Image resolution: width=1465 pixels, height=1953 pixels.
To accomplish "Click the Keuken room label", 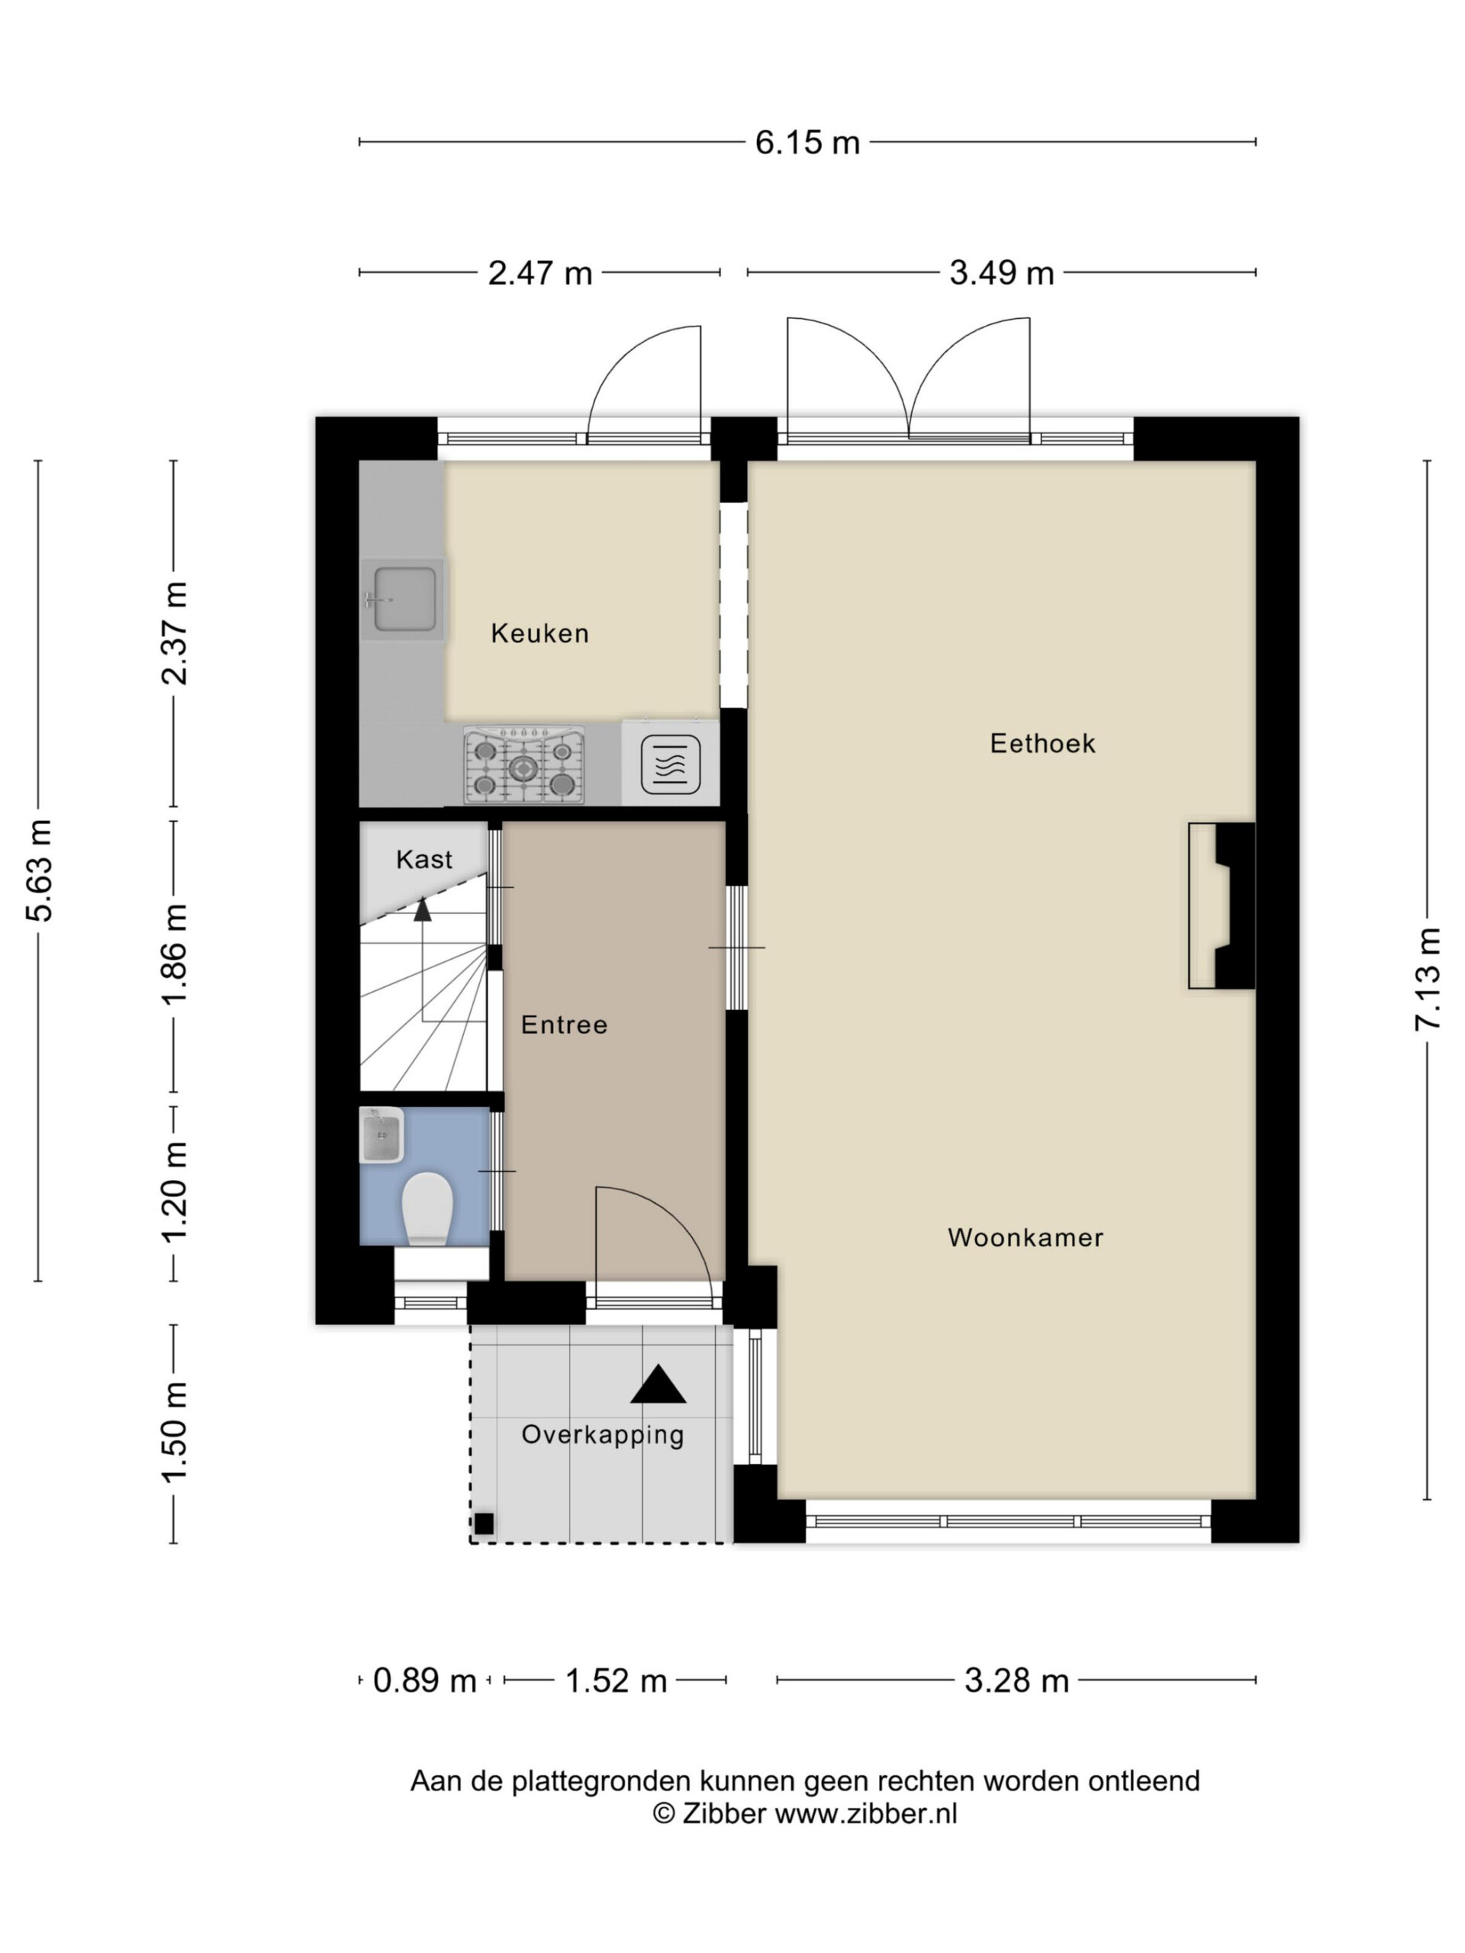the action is pyautogui.click(x=539, y=633).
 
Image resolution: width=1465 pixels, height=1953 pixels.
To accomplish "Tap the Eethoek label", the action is pyautogui.click(x=1042, y=743).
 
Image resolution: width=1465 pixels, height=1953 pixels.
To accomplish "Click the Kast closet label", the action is pyautogui.click(x=424, y=859).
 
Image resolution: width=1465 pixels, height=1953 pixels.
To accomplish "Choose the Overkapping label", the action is pyautogui.click(x=603, y=1435).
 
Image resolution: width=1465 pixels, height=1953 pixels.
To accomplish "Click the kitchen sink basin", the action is pyautogui.click(x=404, y=599).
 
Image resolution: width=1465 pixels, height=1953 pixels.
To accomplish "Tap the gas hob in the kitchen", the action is pyautogui.click(x=523, y=765).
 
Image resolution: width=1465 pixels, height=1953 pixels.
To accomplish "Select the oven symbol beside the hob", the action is pyautogui.click(x=670, y=764).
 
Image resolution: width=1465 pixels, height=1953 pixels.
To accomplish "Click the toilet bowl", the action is pyautogui.click(x=427, y=1208).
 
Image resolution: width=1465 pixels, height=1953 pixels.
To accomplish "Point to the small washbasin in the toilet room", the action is pyautogui.click(x=382, y=1135).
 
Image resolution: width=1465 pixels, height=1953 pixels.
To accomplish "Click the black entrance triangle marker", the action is pyautogui.click(x=658, y=1385).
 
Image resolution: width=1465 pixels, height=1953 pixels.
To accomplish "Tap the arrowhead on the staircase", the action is pyautogui.click(x=423, y=909).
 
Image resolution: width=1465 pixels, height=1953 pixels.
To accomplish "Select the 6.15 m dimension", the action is pyautogui.click(x=807, y=142).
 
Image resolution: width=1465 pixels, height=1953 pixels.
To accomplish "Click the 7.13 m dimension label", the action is pyautogui.click(x=1428, y=978).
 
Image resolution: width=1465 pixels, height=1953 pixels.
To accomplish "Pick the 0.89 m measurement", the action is pyautogui.click(x=425, y=1680).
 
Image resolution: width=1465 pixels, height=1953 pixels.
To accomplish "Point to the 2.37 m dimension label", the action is pyautogui.click(x=174, y=633).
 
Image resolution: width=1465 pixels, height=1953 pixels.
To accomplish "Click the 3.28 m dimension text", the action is pyautogui.click(x=1016, y=1680).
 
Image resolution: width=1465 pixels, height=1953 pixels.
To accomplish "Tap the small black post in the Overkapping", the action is pyautogui.click(x=484, y=1523).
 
